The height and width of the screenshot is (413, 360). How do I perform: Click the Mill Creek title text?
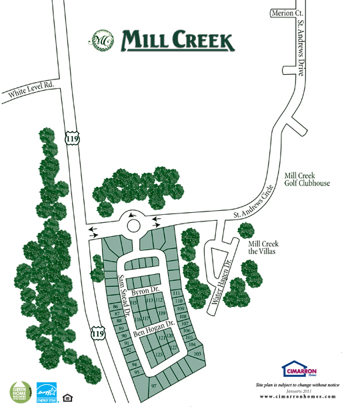[x=178, y=41]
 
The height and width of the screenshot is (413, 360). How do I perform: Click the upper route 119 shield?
[x=71, y=138]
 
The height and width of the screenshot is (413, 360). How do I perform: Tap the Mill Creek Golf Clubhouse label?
[x=307, y=179]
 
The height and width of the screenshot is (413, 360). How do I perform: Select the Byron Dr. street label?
[x=144, y=292]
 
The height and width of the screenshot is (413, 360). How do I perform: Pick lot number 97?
[x=154, y=386]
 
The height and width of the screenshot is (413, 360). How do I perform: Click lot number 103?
[x=197, y=353]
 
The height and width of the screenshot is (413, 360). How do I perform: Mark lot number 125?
[x=159, y=354]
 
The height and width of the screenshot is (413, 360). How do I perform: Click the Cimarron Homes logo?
[x=297, y=369]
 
